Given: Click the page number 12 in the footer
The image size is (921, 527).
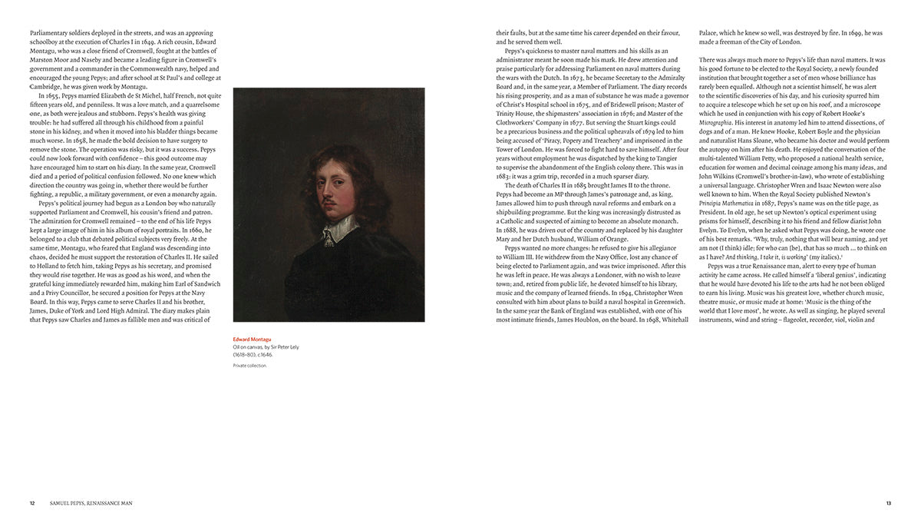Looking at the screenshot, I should click(32, 503).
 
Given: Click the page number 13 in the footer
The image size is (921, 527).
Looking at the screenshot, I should click(888, 503).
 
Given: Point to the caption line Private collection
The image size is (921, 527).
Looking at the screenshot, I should click(250, 366).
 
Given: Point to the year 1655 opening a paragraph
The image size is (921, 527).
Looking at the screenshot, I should click(49, 95).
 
